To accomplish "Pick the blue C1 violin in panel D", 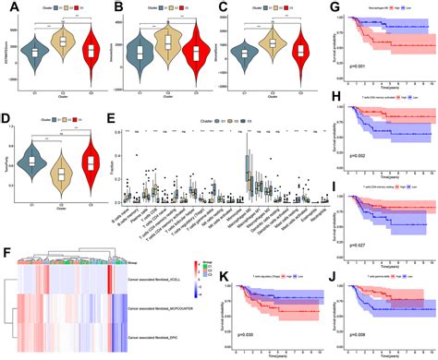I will click(30, 162).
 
